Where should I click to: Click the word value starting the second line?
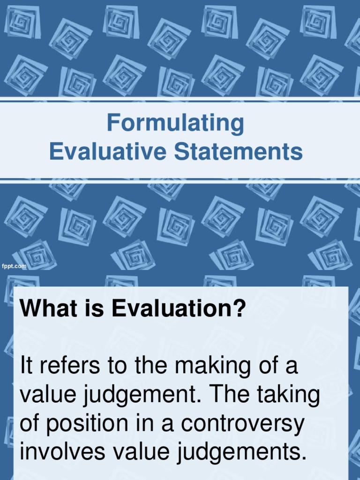[45, 396]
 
